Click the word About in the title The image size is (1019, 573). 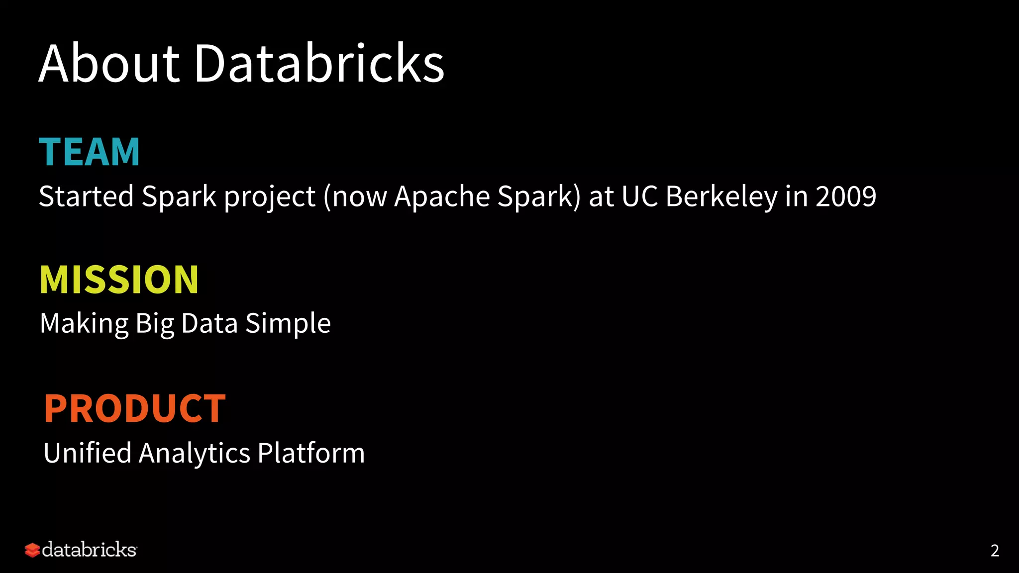tap(109, 64)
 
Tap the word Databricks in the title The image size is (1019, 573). tap(319, 64)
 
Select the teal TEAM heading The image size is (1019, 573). tap(90, 152)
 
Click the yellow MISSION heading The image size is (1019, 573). tap(119, 280)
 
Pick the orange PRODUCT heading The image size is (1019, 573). tap(135, 408)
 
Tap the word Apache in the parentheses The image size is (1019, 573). tap(442, 196)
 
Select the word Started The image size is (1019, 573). tap(86, 196)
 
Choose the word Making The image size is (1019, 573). tap(85, 324)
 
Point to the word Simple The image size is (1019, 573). tap(288, 324)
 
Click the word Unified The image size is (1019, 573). tap(88, 453)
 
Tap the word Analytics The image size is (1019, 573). tap(195, 453)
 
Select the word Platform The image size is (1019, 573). tap(311, 453)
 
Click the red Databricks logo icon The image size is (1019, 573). tap(32, 550)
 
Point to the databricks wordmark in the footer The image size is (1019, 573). tap(89, 550)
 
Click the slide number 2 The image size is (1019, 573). tap(995, 551)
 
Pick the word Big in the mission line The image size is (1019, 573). tap(155, 324)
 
